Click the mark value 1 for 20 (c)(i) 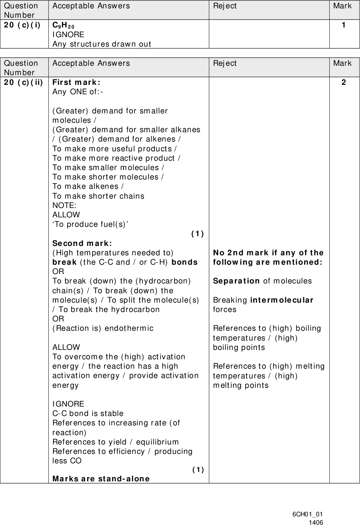343,25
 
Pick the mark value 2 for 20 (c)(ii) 343,82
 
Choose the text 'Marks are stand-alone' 101,479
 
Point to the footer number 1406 316,522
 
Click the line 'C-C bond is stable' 88,413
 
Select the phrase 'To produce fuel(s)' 91,224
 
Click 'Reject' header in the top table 225,6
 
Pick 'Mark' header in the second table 342,63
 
